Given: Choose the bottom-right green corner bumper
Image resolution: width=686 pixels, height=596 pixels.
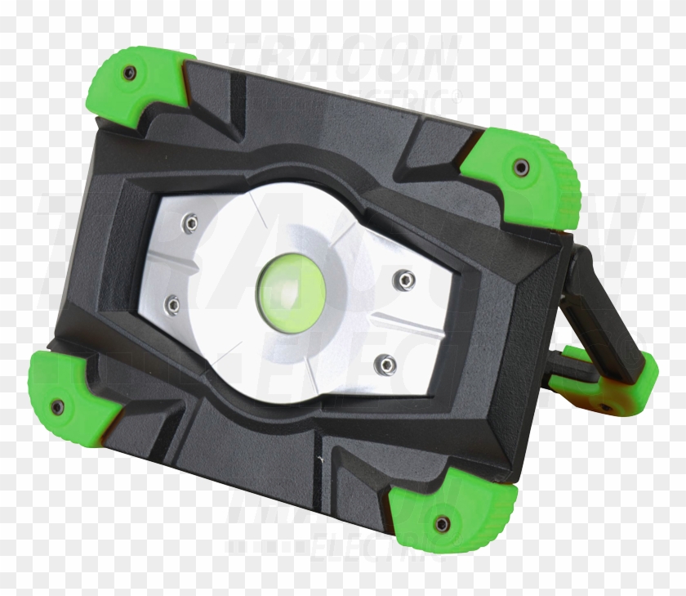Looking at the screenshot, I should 453,515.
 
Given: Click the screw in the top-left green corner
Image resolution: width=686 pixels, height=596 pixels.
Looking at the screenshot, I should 129,74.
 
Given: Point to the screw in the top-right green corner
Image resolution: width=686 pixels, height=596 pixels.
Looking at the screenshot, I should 520,168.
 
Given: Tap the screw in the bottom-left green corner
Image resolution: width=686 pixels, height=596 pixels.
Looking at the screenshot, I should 56,406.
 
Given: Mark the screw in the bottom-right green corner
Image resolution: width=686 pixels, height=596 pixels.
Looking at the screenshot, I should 442,523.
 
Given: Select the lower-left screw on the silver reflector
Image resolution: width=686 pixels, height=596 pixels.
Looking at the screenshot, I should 172,305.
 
